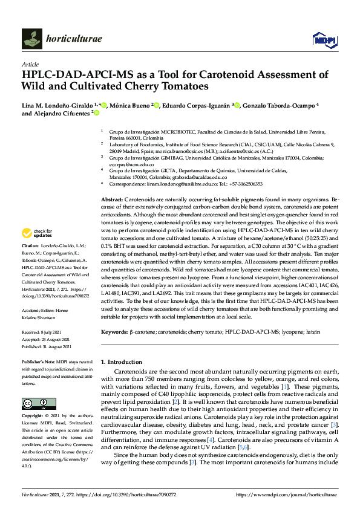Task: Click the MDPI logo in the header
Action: [324, 40]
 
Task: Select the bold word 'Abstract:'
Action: [113, 199]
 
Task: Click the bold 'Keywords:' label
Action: [115, 332]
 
